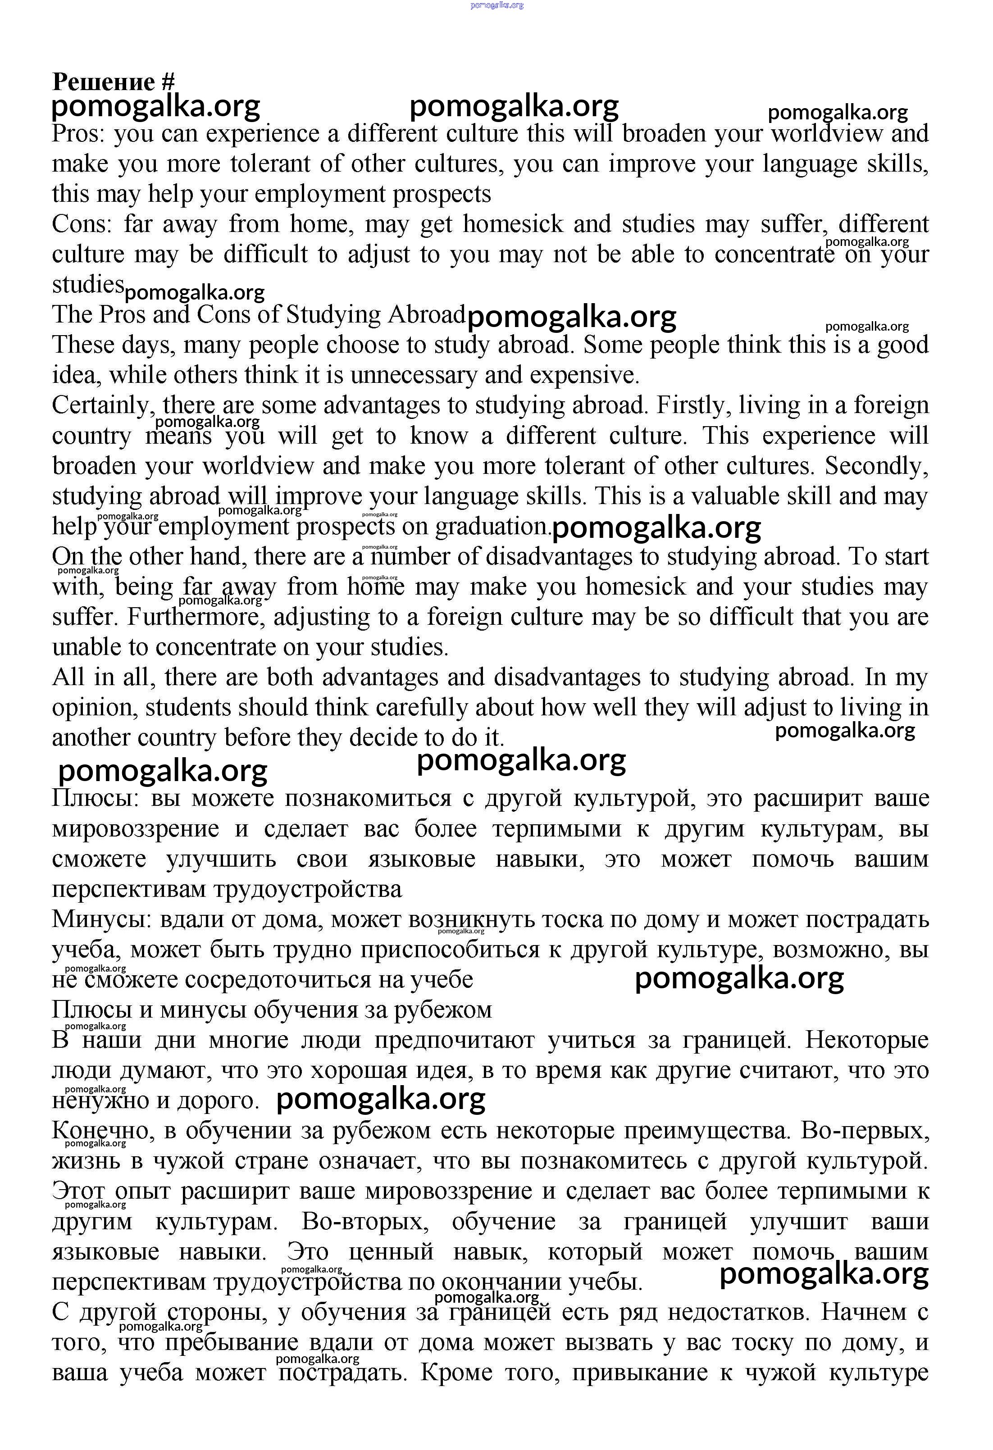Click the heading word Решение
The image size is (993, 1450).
tap(103, 82)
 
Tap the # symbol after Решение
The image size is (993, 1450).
tap(168, 82)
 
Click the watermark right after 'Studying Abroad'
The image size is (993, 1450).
tap(571, 317)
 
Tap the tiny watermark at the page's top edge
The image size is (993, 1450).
tap(496, 5)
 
